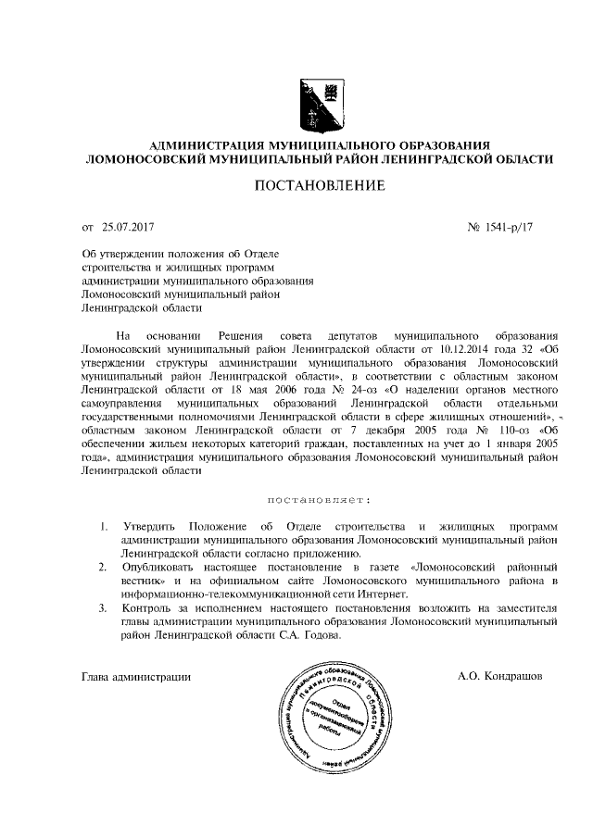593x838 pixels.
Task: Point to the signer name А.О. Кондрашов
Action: click(x=500, y=676)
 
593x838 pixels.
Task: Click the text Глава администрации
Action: click(x=136, y=676)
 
